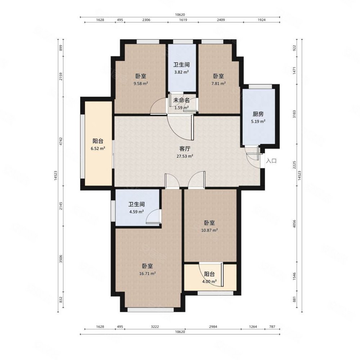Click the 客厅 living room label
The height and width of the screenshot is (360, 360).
(185, 149)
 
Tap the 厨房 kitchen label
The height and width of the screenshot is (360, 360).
(258, 114)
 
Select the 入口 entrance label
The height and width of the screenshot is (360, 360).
(271, 161)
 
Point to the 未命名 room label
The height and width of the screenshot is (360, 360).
(181, 100)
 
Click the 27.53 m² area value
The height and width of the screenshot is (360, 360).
(185, 156)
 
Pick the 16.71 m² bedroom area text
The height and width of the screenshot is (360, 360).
(148, 274)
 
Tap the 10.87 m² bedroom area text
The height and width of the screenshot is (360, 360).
(210, 230)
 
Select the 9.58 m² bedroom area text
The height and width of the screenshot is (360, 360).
(141, 84)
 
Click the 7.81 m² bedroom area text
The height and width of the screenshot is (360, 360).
(219, 84)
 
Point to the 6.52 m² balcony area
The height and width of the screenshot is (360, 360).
(98, 148)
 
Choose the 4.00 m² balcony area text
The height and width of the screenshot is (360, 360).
(210, 281)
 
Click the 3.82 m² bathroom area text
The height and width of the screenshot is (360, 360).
(181, 72)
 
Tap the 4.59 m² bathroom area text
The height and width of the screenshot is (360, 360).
(136, 212)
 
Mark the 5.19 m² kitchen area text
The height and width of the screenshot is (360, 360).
(258, 121)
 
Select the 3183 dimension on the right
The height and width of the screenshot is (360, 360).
(294, 114)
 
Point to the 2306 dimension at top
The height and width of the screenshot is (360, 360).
(146, 20)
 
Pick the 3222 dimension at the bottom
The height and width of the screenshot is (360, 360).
(155, 327)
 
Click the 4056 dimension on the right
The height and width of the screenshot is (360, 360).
(294, 224)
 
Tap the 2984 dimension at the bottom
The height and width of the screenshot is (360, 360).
(213, 327)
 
